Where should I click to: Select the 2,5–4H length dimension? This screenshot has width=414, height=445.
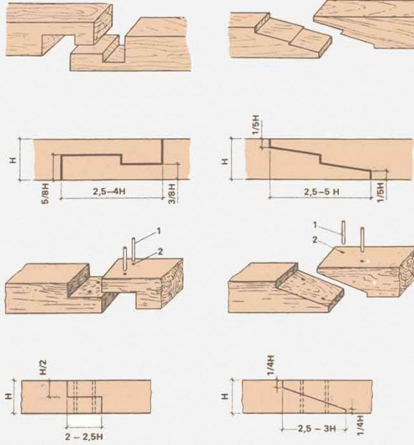pos(109,191)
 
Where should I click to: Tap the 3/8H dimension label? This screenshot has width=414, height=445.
pos(172,193)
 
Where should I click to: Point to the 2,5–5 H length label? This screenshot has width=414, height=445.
pos(322,192)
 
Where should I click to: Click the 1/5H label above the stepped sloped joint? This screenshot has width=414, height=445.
pos(256,125)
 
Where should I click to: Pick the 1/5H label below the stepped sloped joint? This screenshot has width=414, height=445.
pos(381,192)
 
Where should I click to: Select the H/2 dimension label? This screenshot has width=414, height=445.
pos(44,367)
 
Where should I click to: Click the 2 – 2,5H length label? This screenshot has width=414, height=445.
pos(84,437)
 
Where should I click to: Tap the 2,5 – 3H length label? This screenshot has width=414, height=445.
pos(317,428)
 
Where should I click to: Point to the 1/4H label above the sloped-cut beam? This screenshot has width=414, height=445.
pos(271,365)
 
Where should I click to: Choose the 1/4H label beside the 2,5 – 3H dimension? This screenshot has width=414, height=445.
pos(361,425)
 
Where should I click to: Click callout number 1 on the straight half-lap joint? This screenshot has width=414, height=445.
pos(159,231)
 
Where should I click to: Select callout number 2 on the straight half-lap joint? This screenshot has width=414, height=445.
pos(160,251)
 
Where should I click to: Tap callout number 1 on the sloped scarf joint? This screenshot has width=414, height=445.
pos(315,225)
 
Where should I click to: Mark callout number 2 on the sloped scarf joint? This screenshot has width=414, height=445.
pos(315,240)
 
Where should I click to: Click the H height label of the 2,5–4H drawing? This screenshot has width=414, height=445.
pos(13,160)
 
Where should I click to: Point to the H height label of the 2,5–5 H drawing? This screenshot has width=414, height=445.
pos(224,161)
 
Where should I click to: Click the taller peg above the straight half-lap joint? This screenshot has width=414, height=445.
pos(133,249)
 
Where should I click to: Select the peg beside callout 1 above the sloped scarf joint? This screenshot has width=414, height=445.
pos(344,232)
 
